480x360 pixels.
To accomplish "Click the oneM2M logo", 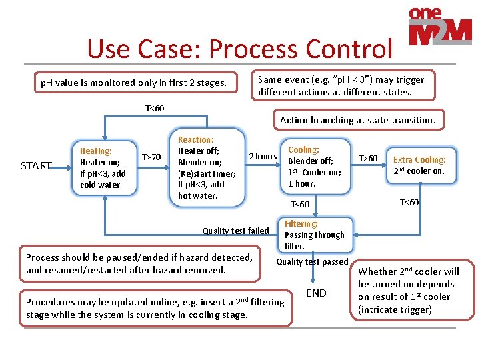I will click(x=439, y=27).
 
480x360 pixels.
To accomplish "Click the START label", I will click(x=36, y=165).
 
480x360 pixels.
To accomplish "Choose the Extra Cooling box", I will click(x=419, y=165).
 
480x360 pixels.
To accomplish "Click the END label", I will click(x=316, y=293).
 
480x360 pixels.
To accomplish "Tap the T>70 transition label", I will click(x=151, y=157).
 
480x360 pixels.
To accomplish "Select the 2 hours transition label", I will click(x=263, y=157).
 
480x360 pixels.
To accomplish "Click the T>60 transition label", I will click(x=368, y=158).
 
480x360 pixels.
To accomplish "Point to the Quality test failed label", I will click(x=235, y=231).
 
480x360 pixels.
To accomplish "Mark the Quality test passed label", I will click(x=313, y=262).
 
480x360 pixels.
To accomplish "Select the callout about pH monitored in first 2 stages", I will click(x=134, y=83).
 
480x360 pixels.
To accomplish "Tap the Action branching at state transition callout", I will click(x=357, y=120).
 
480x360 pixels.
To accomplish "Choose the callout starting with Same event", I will click(x=341, y=85).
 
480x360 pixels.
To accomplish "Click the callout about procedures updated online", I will click(x=155, y=308).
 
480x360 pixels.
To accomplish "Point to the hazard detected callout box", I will click(x=139, y=263).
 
